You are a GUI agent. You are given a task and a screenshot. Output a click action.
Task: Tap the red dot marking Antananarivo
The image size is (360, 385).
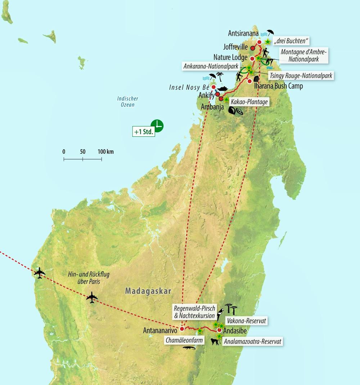click(182, 329)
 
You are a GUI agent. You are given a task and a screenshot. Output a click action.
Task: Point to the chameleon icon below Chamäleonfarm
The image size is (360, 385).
click(189, 348)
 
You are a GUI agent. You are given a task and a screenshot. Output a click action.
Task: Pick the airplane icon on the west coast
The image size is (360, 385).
click(40, 273)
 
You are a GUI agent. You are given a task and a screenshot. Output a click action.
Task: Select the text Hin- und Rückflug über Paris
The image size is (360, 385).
click(89, 277)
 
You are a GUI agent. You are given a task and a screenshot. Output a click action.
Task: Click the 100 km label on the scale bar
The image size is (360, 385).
click(105, 151)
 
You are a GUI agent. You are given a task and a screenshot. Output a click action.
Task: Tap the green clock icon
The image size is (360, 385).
click(157, 126)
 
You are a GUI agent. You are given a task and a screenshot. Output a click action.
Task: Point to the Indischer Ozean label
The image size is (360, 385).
click(127, 102)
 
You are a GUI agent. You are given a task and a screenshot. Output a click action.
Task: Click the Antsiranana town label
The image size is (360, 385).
click(243, 33)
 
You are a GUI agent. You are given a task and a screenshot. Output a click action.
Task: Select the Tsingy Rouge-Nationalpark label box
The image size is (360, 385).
click(300, 75)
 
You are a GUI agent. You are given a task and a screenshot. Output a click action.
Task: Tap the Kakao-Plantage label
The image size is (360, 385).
click(249, 102)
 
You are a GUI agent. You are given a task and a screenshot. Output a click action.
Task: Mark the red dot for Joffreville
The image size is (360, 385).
click(253, 47)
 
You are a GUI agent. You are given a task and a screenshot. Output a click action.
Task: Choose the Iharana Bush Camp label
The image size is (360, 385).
click(279, 86)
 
